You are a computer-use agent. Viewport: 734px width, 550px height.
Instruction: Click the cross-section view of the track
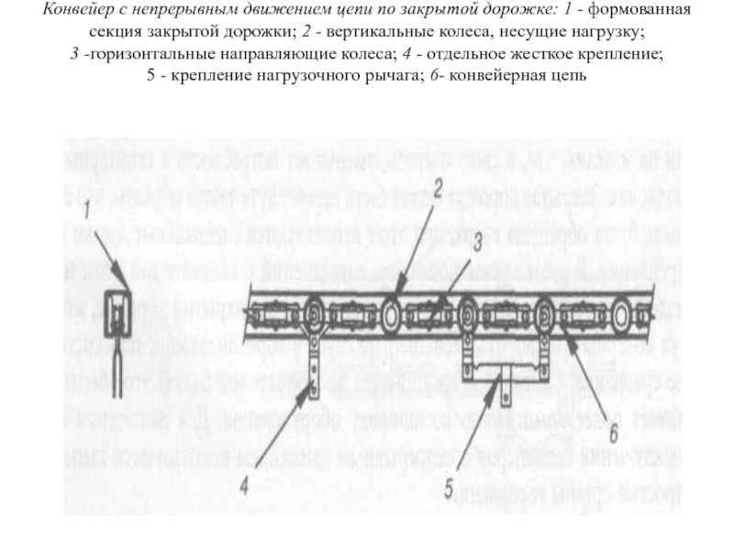tap(117, 316)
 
